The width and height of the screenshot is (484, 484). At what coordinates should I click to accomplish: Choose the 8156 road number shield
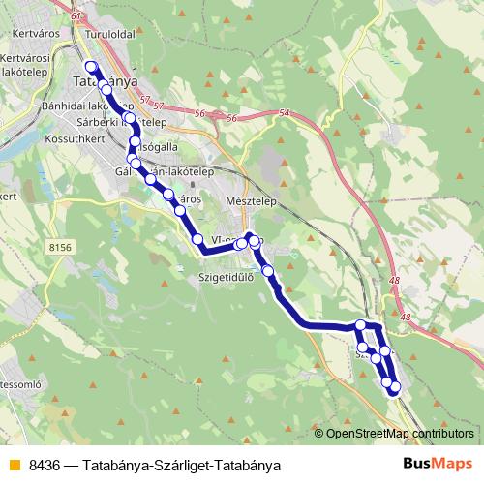[x=59, y=248]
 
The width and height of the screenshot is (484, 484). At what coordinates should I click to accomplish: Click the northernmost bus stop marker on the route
[x=92, y=67]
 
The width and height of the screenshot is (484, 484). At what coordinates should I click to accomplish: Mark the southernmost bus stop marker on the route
[x=394, y=389]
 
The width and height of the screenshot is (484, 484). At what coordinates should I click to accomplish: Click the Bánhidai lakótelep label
[x=83, y=105]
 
